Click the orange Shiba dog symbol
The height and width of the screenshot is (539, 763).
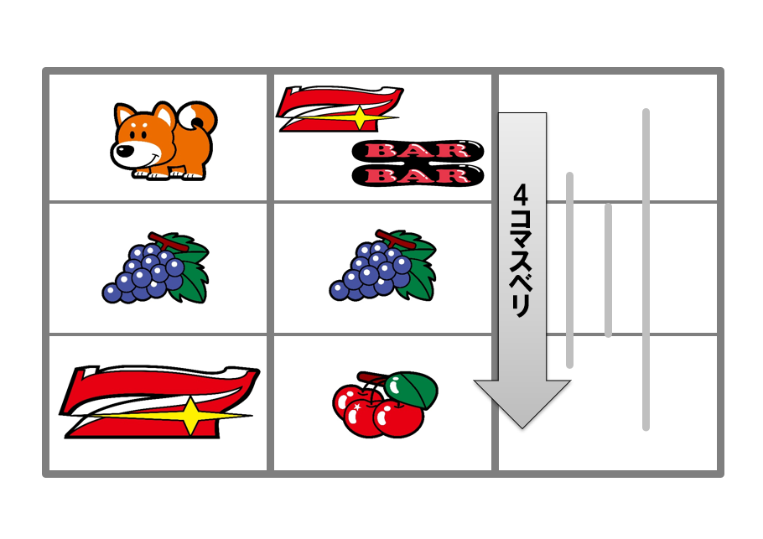pyautogui.click(x=163, y=141)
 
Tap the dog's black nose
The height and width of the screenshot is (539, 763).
pyautogui.click(x=125, y=151)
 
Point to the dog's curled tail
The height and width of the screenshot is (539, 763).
pyautogui.click(x=197, y=118)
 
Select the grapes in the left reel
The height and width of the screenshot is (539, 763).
pyautogui.click(x=156, y=267)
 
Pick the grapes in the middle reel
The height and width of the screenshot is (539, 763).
pyautogui.click(x=383, y=265)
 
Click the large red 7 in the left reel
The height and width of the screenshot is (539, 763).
pyautogui.click(x=159, y=402)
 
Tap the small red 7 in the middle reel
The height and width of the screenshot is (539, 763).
pyautogui.click(x=340, y=108)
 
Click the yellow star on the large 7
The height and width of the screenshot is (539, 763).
pyautogui.click(x=191, y=415)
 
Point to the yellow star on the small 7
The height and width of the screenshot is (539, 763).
pyautogui.click(x=359, y=117)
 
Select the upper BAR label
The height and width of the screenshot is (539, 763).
pyautogui.click(x=418, y=150)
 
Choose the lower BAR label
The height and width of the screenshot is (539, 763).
pyautogui.click(x=418, y=175)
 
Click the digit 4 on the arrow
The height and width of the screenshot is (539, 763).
pyautogui.click(x=521, y=194)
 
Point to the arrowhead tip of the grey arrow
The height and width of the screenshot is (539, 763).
pyautogui.click(x=522, y=428)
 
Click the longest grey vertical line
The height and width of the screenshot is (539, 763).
pyautogui.click(x=646, y=270)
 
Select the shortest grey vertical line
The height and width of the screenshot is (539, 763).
pyautogui.click(x=608, y=270)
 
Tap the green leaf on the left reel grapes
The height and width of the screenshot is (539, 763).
pyautogui.click(x=189, y=267)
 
